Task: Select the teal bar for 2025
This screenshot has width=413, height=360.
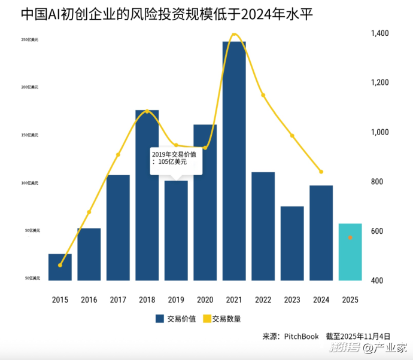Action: click(350, 252)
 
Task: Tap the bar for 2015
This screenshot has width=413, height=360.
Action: click(60, 267)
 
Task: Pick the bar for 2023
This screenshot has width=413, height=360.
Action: click(292, 243)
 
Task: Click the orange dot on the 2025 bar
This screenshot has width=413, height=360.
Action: click(350, 237)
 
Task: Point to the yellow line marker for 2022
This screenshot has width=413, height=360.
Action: click(263, 95)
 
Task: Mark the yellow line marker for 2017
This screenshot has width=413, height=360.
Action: click(118, 155)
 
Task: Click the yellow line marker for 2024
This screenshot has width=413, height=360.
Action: click(321, 172)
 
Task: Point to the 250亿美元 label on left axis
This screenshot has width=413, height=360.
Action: click(30, 39)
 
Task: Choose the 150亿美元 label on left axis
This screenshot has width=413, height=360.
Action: click(30, 135)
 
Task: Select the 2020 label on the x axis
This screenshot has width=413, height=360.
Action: click(205, 300)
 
